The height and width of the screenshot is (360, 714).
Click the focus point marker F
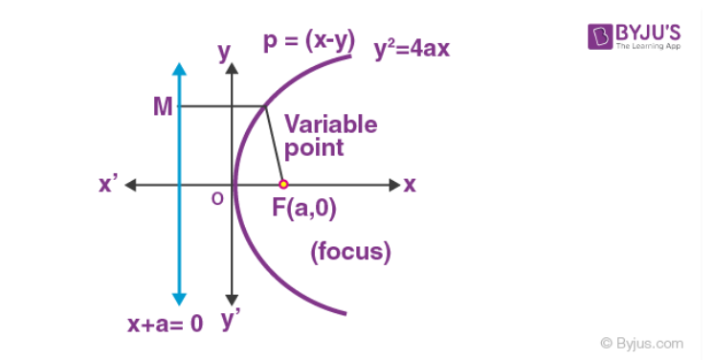coord(282,184)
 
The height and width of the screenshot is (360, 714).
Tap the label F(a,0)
coord(303,208)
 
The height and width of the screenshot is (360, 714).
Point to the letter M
coord(163,106)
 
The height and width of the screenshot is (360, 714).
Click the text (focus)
coord(350,253)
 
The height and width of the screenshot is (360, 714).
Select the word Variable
coord(330,124)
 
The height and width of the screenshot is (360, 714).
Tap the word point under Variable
coord(313,148)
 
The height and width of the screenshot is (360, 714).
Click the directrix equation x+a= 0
coord(165,324)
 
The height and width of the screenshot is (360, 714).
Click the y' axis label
coord(232,321)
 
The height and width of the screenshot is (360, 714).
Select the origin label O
coord(218,198)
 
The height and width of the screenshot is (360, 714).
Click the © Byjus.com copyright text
coord(642,342)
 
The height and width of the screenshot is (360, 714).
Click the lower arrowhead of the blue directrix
coord(178,299)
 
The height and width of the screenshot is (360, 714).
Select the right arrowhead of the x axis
coord(393,184)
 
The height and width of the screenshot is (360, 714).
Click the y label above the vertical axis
coord(226,53)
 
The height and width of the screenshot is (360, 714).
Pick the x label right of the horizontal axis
coord(410,185)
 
